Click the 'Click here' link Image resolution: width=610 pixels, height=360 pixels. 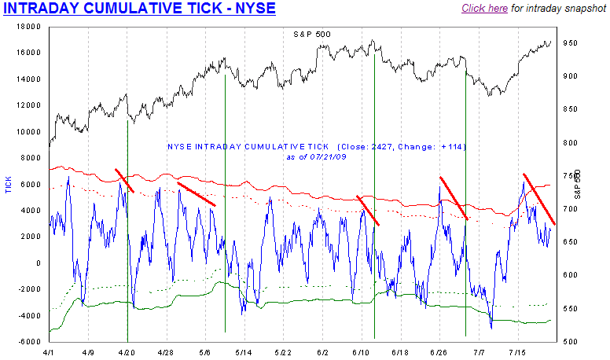tap(484, 9)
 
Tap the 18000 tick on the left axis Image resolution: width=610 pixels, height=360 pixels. tap(29, 26)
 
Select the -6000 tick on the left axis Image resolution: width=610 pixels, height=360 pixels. tap(29, 342)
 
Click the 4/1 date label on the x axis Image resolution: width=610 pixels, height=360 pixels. tap(50, 353)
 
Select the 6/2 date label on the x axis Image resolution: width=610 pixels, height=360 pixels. tap(322, 353)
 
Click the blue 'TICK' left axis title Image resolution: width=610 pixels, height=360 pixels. tap(9, 186)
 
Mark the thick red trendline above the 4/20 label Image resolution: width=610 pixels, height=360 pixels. tap(125, 181)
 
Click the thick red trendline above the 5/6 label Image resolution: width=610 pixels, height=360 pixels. tap(197, 194)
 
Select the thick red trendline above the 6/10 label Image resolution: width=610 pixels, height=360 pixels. tap(368, 211)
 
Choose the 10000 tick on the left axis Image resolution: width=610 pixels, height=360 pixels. tap(29, 131)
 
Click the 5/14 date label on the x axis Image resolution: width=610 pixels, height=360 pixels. tap(244, 353)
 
